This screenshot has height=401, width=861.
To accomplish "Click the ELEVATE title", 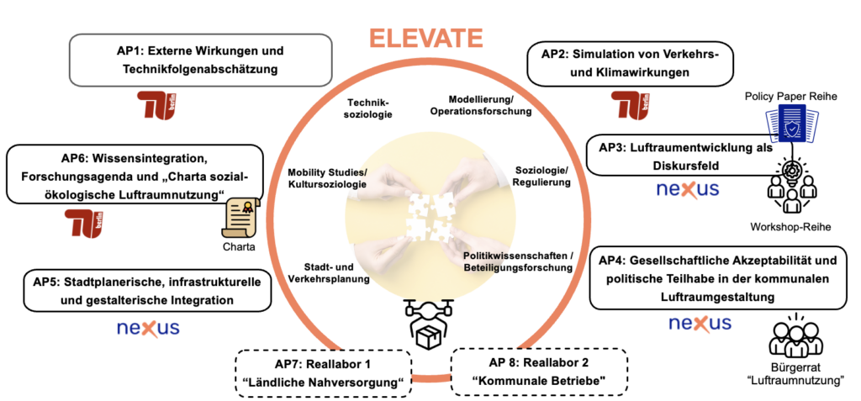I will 427,39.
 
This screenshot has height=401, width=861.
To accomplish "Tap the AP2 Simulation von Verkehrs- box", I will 629,64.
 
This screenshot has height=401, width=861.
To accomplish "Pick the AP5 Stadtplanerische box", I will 147,289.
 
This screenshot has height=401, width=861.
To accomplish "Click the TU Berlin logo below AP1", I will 159,105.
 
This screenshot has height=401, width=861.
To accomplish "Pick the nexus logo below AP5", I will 148,328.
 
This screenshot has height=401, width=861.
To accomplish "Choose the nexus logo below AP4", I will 700,324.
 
